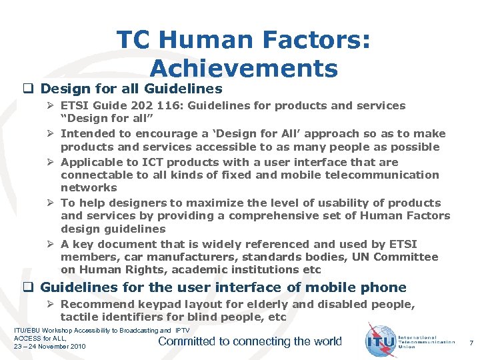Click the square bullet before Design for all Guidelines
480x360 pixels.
tap(28, 89)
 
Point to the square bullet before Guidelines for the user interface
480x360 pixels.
tap(28, 287)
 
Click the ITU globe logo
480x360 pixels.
tap(381, 341)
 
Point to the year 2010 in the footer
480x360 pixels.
tap(75, 346)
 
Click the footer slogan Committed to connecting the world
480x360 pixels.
tap(249, 341)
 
